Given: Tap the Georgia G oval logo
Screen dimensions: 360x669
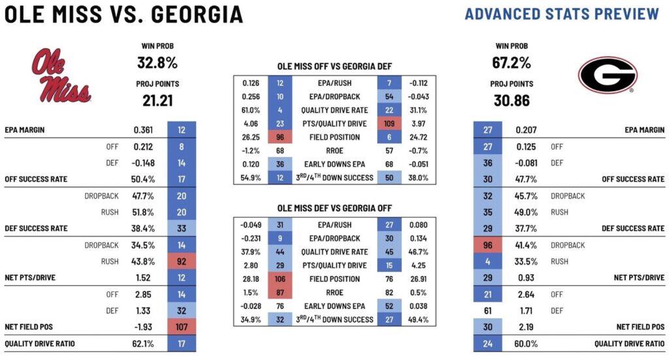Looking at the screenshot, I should [607, 75].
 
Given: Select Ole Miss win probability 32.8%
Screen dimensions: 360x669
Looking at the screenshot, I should [157, 63].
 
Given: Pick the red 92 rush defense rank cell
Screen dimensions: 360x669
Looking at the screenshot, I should [182, 261].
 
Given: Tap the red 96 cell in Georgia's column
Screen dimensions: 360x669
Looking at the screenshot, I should [488, 245].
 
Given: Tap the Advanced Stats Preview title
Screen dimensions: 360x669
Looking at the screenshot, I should [562, 14].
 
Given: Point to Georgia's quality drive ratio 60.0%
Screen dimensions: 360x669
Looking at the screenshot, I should [527, 343].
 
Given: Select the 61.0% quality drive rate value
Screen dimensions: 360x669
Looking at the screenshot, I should [250, 110].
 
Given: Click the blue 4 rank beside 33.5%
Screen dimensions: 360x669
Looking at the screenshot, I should [488, 261].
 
